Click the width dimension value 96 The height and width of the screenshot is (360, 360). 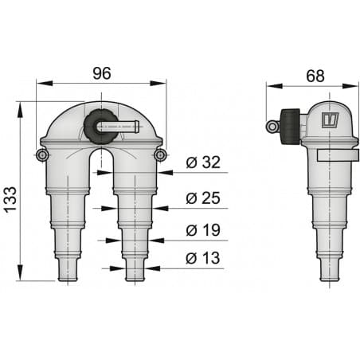[101, 73]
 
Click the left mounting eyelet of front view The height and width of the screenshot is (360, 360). [42, 154]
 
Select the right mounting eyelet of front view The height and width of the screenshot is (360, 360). [160, 154]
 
